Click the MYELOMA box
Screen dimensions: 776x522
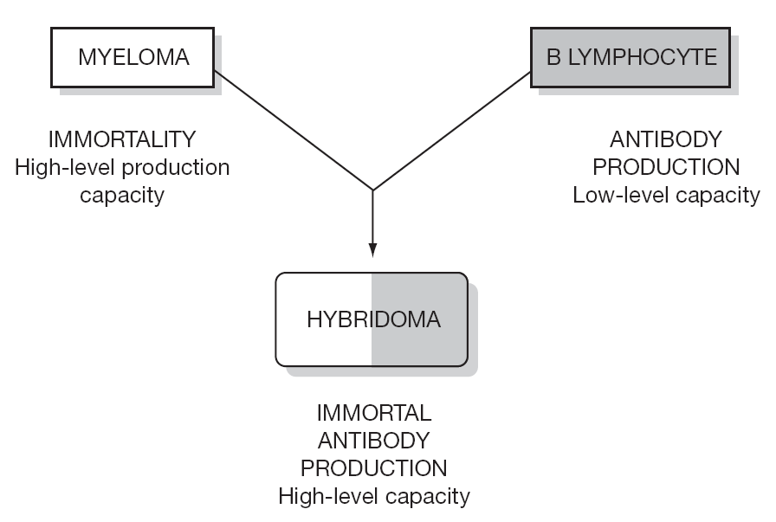tap(133, 57)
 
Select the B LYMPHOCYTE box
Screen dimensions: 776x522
tap(630, 57)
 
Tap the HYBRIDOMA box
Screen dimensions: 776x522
tap(372, 319)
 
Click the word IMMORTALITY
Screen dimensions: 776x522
tap(122, 139)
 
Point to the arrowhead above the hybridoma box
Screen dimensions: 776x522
tap(372, 250)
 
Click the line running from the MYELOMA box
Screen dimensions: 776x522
tap(294, 131)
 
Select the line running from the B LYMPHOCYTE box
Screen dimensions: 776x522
tap(451, 132)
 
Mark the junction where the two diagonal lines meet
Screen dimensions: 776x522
tap(372, 190)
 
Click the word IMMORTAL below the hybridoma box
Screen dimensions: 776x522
tap(373, 413)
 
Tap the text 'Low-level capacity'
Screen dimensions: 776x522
tap(666, 195)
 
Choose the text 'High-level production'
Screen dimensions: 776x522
tap(122, 167)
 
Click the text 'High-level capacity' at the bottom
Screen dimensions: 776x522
tap(373, 496)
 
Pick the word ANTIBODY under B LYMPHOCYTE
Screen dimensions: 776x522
tap(666, 139)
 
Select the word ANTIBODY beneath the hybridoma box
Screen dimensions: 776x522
tap(373, 441)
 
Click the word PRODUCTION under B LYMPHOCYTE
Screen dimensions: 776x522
tap(666, 167)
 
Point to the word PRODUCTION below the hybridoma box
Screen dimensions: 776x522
tap(373, 468)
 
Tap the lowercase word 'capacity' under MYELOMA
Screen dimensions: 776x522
tap(122, 195)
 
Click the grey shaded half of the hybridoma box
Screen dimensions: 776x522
tap(420, 319)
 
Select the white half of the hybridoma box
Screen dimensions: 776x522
tap(324, 319)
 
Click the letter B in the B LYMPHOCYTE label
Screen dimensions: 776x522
tap(553, 57)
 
